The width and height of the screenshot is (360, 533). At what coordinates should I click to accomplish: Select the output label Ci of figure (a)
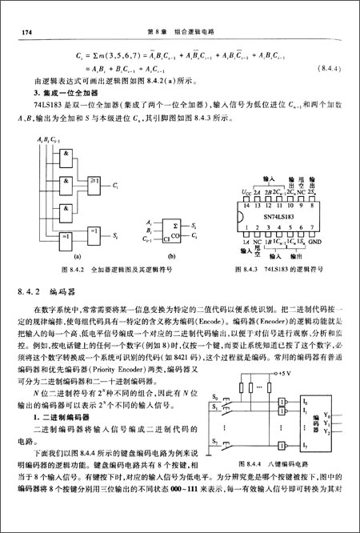(x=116, y=185)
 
